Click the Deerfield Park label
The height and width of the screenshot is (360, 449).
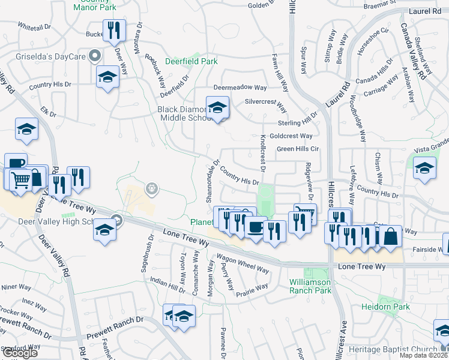[191, 61]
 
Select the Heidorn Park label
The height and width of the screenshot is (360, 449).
[385, 307]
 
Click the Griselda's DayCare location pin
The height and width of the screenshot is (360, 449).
[94, 56]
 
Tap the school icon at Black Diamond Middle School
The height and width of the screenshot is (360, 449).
[217, 107]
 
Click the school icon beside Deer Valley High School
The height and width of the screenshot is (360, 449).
[104, 230]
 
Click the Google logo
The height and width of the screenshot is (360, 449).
[20, 353]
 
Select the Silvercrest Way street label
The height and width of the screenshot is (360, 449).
[266, 104]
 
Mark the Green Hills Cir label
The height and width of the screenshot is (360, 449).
[297, 149]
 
